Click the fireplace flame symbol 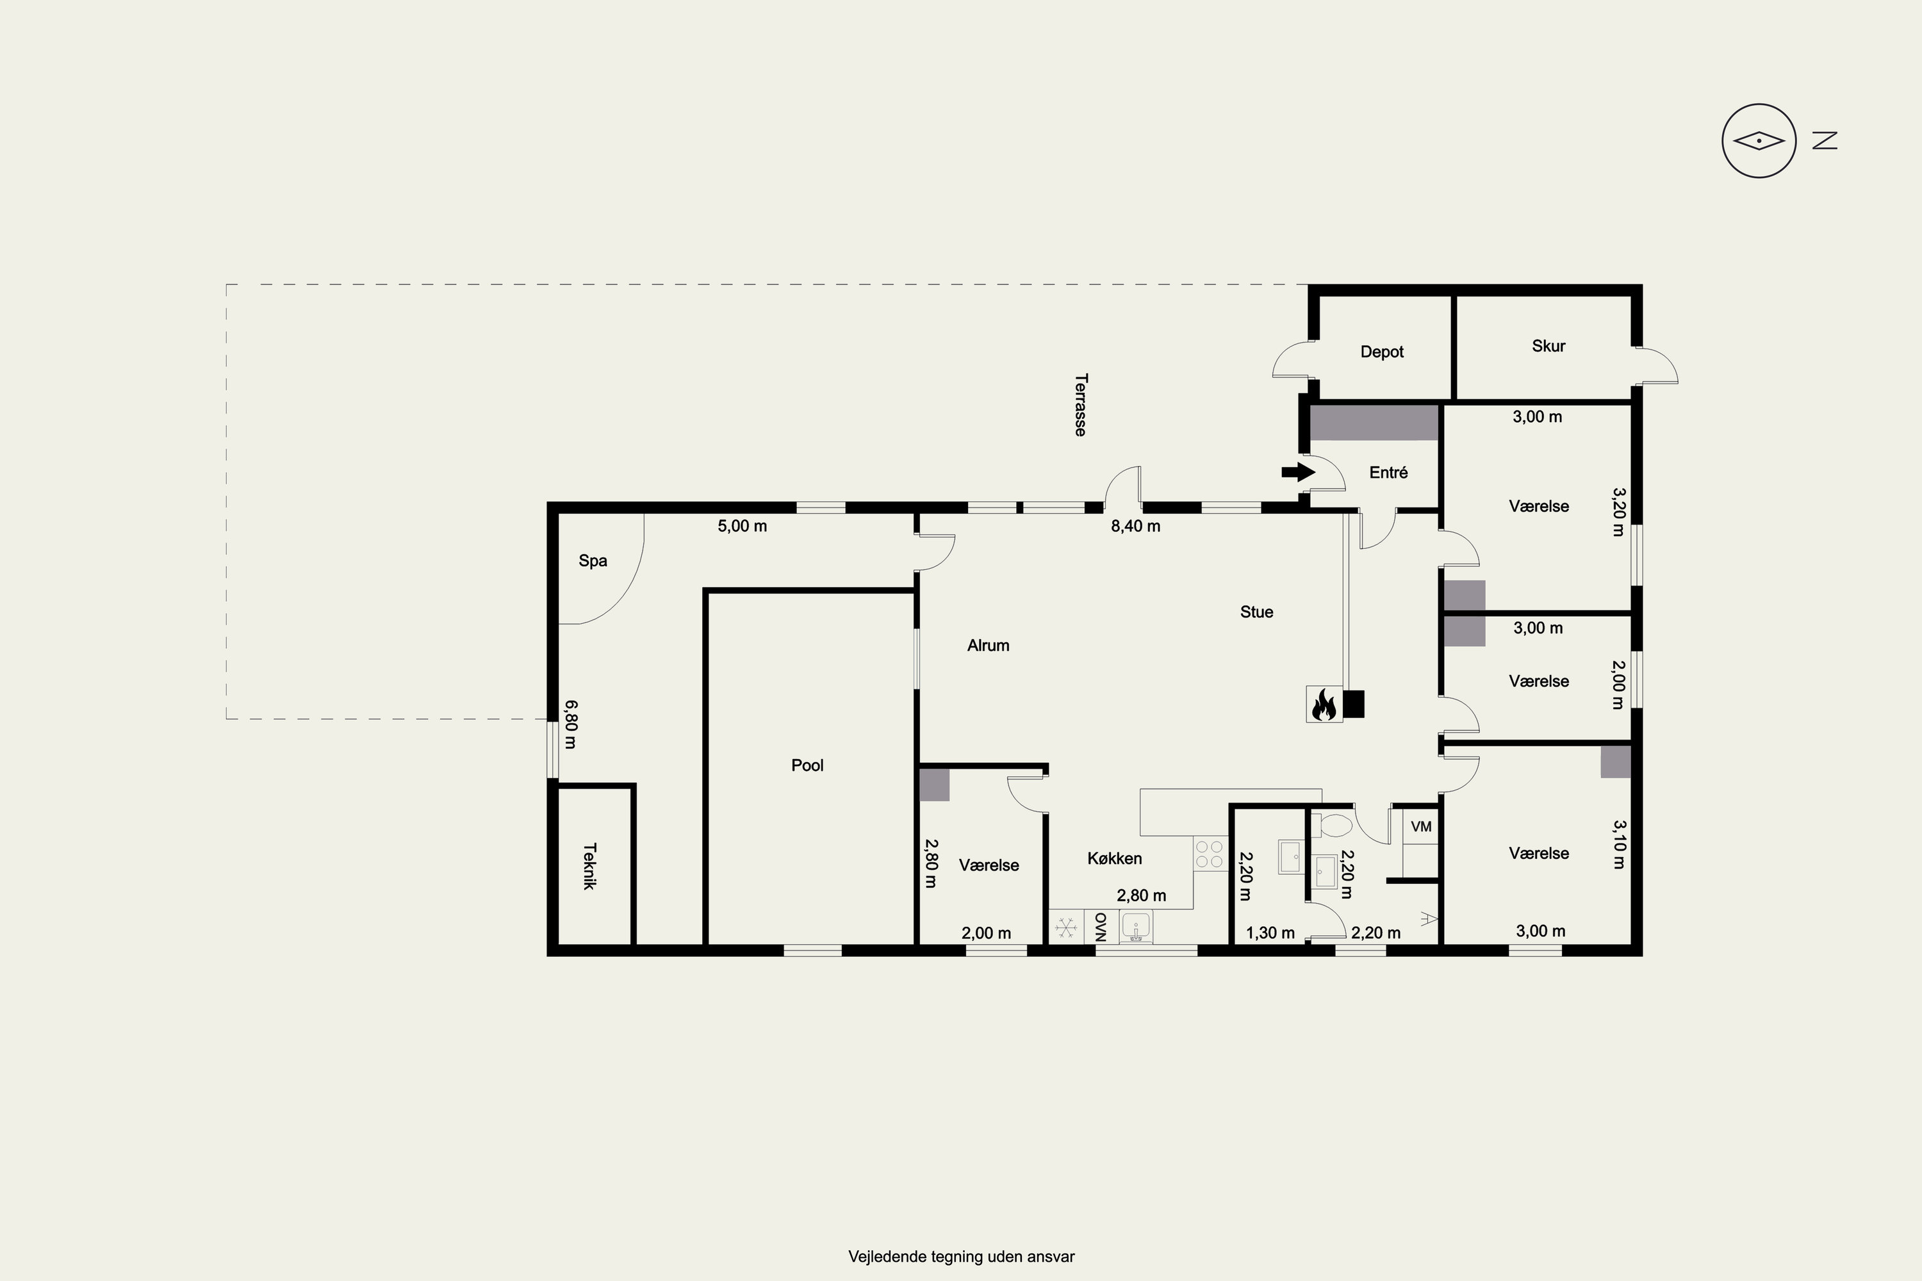click(x=1324, y=703)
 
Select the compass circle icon click(x=1759, y=140)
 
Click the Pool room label click(x=807, y=765)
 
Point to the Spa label click(x=593, y=561)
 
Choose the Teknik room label click(x=589, y=866)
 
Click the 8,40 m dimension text click(x=1135, y=526)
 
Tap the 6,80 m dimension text click(x=570, y=724)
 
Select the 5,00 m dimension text click(x=742, y=526)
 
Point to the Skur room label click(x=1548, y=346)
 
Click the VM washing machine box click(x=1421, y=827)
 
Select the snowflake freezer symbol click(x=1065, y=927)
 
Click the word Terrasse click(x=1080, y=405)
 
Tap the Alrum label click(x=988, y=646)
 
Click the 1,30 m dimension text click(x=1270, y=932)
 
